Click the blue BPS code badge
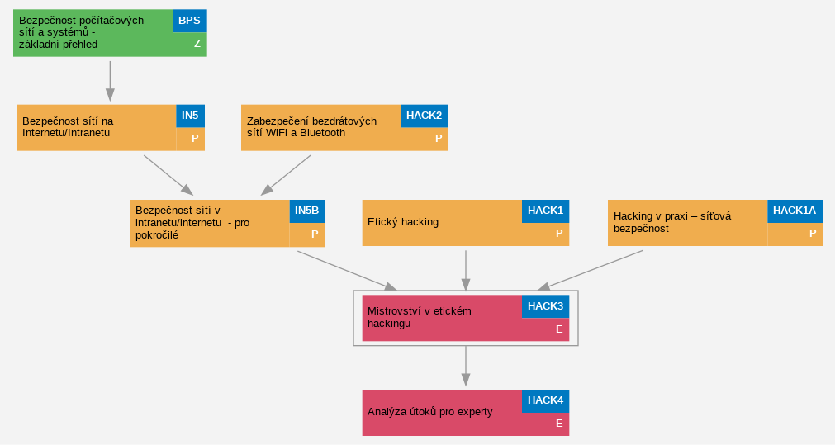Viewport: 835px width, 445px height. (x=190, y=21)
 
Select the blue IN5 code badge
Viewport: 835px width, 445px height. (x=190, y=116)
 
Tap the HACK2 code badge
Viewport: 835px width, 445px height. (x=424, y=116)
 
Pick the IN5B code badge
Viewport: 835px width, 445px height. (x=306, y=211)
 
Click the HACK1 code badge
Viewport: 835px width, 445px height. (x=545, y=211)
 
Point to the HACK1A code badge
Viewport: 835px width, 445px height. (x=795, y=211)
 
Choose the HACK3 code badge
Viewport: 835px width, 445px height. (x=545, y=306)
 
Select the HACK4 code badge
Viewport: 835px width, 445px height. (x=545, y=400)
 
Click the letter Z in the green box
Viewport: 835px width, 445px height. (x=197, y=45)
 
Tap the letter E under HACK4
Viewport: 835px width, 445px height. (x=559, y=424)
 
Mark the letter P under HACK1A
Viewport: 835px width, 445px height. (x=813, y=234)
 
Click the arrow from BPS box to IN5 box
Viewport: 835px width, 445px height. (x=110, y=81)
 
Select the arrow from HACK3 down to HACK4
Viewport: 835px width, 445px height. (x=466, y=367)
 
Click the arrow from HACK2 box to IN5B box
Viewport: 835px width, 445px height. (x=286, y=175)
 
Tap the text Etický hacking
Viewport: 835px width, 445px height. (x=403, y=223)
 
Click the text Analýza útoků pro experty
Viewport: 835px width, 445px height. (x=429, y=412)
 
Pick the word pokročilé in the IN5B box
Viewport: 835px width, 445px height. (x=157, y=235)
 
